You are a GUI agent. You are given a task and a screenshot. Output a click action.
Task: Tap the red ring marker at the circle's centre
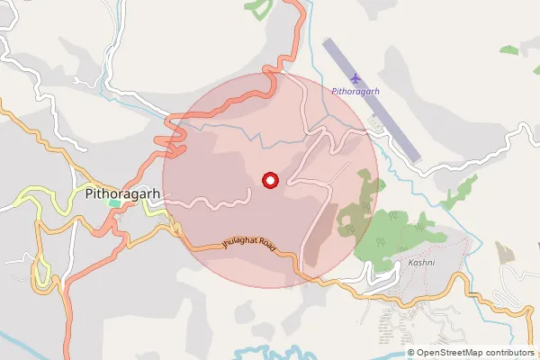[x=269, y=180]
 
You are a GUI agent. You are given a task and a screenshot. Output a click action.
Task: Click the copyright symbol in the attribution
[x=411, y=353]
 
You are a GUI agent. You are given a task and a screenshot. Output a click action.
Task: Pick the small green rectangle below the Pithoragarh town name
[x=114, y=203]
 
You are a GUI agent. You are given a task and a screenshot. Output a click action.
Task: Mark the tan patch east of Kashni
[x=506, y=253]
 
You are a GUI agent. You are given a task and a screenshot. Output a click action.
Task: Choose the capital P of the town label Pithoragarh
[x=87, y=192]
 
